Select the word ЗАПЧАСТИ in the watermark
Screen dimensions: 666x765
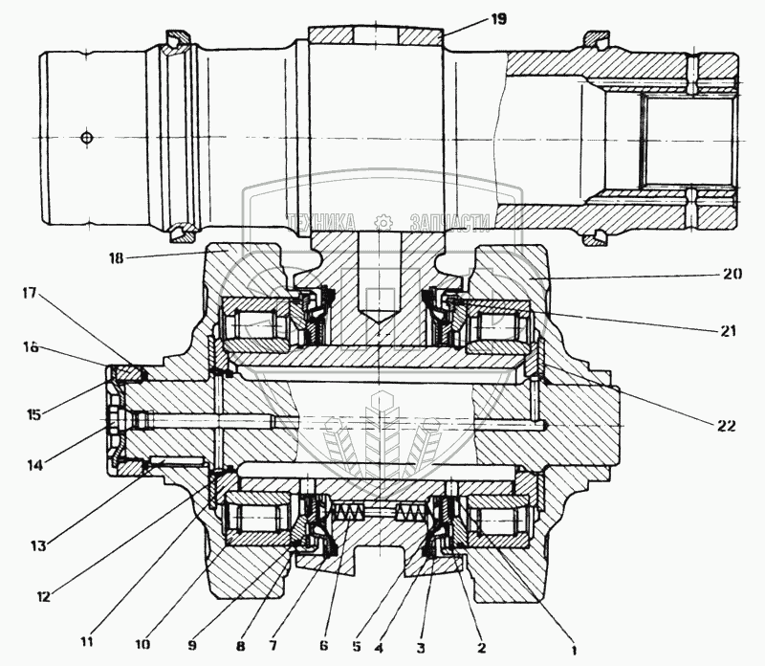pyautogui.click(x=449, y=223)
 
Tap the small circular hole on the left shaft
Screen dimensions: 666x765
pyautogui.click(x=87, y=138)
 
